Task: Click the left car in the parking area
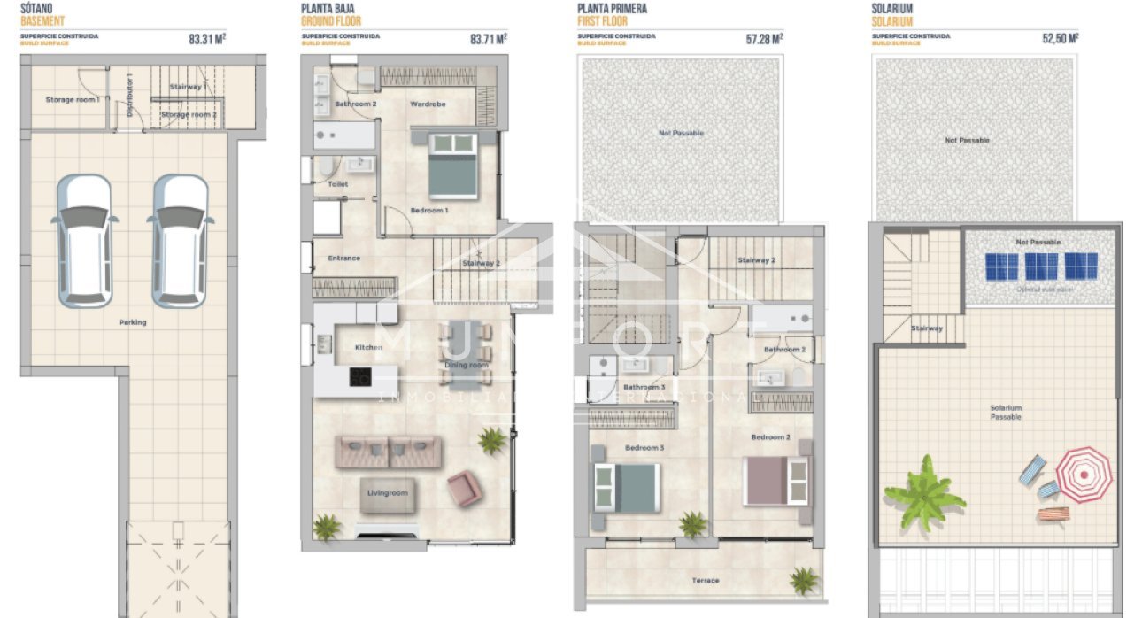82,239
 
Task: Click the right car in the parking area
178,239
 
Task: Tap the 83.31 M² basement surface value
207,39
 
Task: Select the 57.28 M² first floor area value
764,39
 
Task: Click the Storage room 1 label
72,100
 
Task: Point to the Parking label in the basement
133,322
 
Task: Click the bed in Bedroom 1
452,166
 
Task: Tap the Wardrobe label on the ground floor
428,104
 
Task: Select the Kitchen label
368,347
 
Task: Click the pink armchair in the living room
465,488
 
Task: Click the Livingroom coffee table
388,494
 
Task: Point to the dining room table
466,354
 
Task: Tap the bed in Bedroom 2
775,481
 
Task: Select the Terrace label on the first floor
706,581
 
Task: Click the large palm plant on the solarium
924,492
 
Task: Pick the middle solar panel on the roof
1041,267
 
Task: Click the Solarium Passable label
1006,412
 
